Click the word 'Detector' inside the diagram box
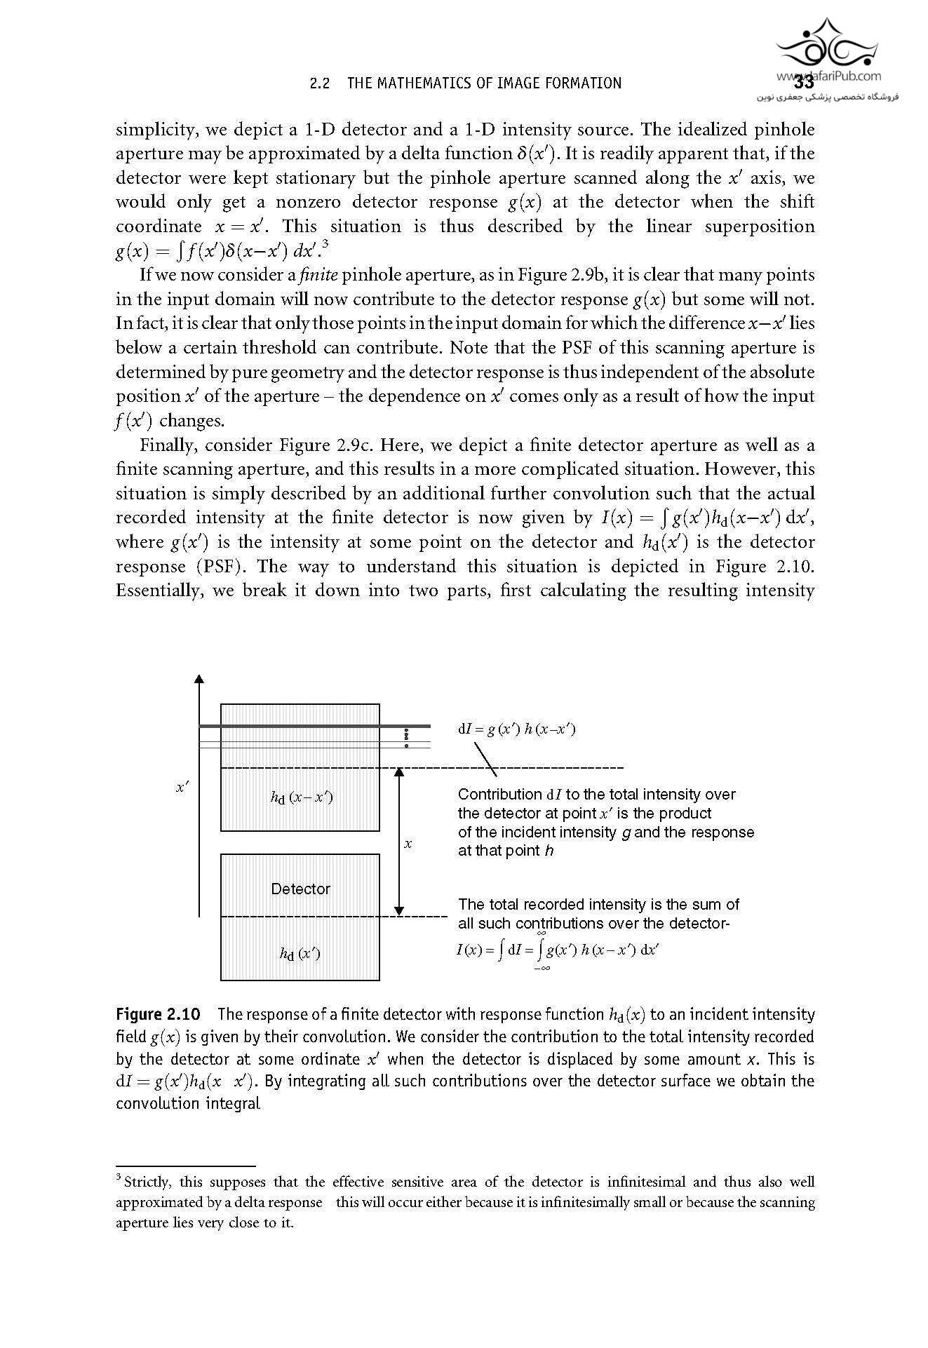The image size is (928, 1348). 300,889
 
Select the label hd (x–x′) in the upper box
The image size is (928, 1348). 302,797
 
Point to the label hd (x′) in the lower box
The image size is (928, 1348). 300,953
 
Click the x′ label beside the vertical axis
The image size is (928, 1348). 182,788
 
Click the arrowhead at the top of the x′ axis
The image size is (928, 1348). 199,678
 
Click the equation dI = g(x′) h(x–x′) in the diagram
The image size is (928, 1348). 516,729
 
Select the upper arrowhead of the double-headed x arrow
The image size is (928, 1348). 399,772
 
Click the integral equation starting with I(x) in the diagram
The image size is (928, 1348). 557,950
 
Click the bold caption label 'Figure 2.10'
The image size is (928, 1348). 158,1014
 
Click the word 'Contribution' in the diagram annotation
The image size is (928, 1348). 499,795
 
